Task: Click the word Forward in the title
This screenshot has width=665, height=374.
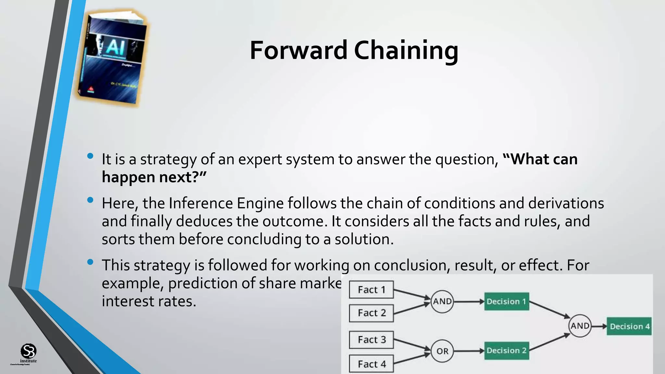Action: (x=298, y=50)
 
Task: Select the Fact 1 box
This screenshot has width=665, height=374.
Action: (x=371, y=290)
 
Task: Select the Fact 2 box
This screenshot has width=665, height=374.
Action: (x=371, y=313)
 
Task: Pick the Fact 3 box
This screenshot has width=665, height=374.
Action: (x=371, y=340)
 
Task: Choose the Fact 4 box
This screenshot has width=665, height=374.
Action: (x=371, y=364)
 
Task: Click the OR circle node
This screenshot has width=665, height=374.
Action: (x=442, y=351)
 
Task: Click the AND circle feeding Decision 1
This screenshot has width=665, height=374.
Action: (x=442, y=301)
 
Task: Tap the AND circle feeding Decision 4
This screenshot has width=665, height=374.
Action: (x=580, y=326)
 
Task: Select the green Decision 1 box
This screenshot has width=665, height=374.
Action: (x=506, y=301)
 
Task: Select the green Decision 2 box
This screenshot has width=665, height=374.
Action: (x=506, y=351)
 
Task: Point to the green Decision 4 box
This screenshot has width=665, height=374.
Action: (x=629, y=326)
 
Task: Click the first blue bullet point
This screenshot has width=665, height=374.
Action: (x=90, y=156)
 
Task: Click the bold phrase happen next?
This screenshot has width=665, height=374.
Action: (x=154, y=177)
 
